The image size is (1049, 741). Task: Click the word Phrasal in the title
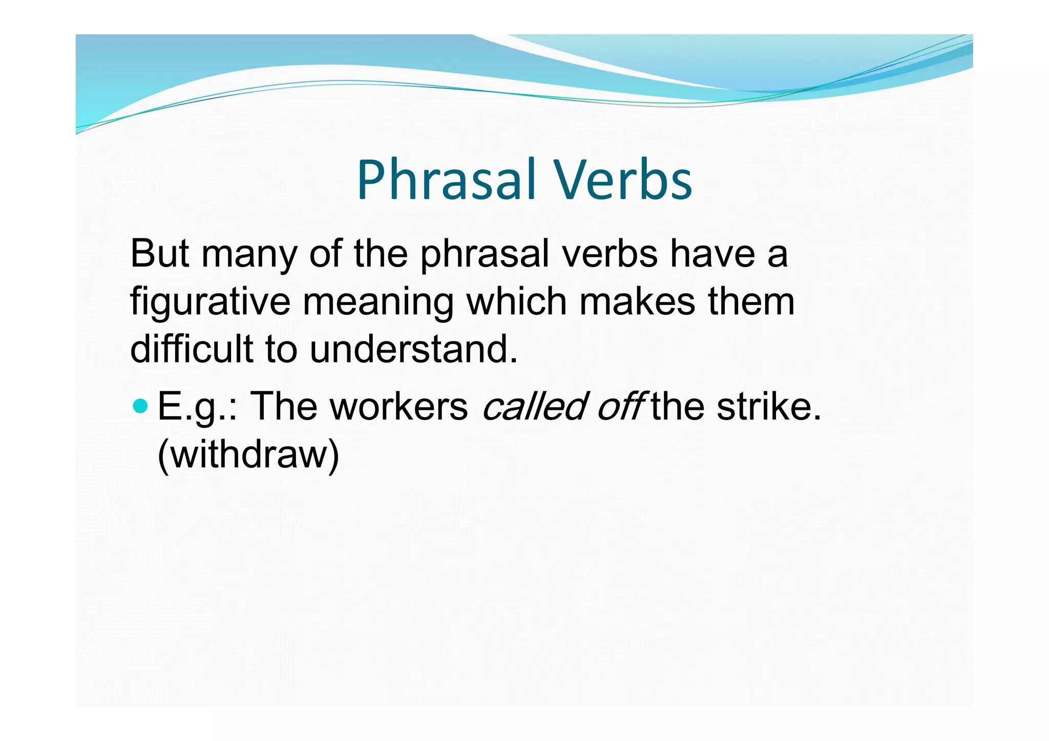(446, 180)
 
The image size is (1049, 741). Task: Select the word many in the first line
(249, 254)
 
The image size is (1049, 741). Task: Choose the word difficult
(192, 348)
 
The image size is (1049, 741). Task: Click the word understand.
(413, 348)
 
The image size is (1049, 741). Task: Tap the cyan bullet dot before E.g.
(140, 407)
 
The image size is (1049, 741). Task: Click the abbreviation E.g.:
(198, 407)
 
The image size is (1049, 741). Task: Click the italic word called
(533, 407)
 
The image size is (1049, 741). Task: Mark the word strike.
(768, 407)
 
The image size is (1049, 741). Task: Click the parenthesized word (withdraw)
(248, 454)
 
